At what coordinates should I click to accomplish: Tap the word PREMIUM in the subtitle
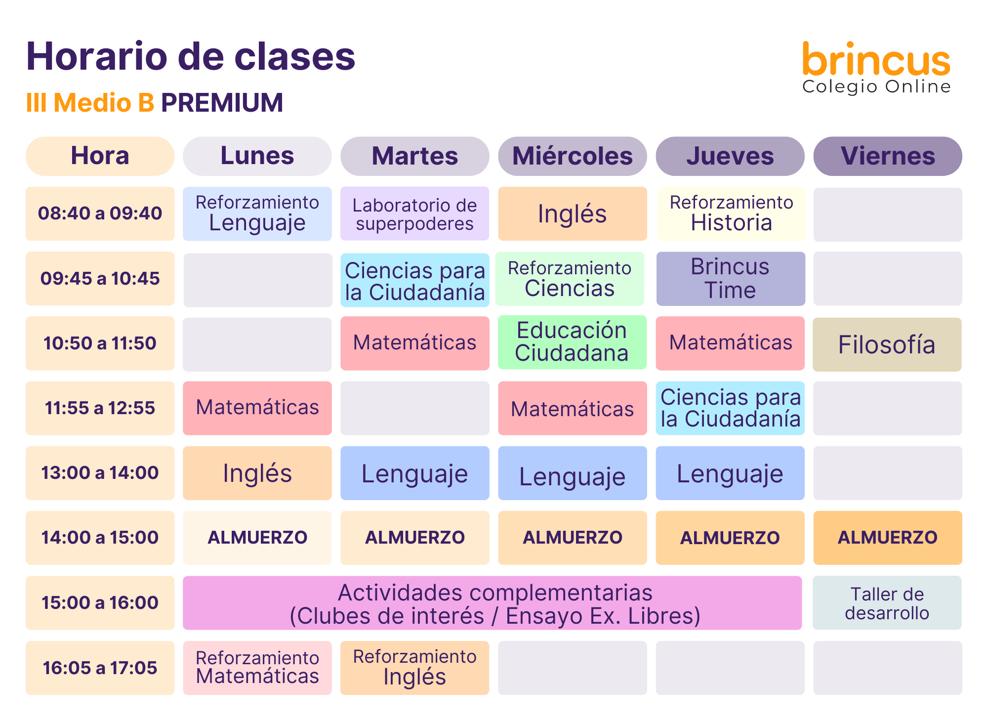click(x=222, y=103)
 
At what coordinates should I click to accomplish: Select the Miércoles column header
click(x=573, y=156)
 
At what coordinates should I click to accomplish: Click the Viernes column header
click(x=888, y=156)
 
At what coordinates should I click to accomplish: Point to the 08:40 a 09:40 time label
click(x=100, y=213)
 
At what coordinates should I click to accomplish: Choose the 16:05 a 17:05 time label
click(x=100, y=668)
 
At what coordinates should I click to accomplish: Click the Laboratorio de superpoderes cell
click(x=415, y=213)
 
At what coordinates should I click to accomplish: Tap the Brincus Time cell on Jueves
click(x=731, y=279)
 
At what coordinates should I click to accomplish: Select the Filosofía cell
click(x=887, y=344)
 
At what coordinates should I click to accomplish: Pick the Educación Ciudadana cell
click(x=572, y=342)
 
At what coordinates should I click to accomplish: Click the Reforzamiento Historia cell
click(x=731, y=213)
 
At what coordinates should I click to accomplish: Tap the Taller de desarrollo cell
click(x=887, y=603)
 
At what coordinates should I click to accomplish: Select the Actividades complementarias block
click(x=492, y=603)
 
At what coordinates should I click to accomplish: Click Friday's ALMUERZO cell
click(x=888, y=538)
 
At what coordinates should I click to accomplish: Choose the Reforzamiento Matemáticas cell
click(x=257, y=668)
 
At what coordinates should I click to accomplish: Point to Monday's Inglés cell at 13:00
click(x=257, y=473)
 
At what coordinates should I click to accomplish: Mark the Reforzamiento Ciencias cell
click(x=570, y=279)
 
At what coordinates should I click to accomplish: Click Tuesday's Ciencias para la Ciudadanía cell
click(x=415, y=280)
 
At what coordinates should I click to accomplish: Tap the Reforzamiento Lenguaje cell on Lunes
click(x=257, y=213)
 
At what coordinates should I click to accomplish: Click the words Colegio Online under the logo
click(x=876, y=86)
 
